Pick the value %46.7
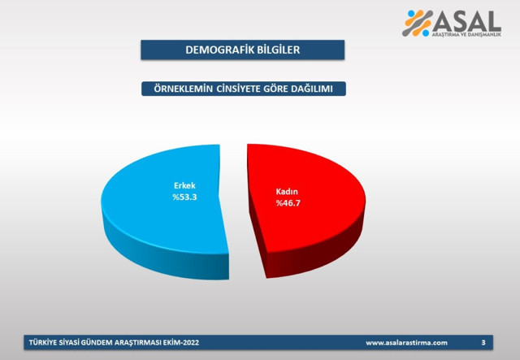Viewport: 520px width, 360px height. pos(288,203)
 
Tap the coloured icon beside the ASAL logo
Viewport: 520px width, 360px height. pos(418,23)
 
